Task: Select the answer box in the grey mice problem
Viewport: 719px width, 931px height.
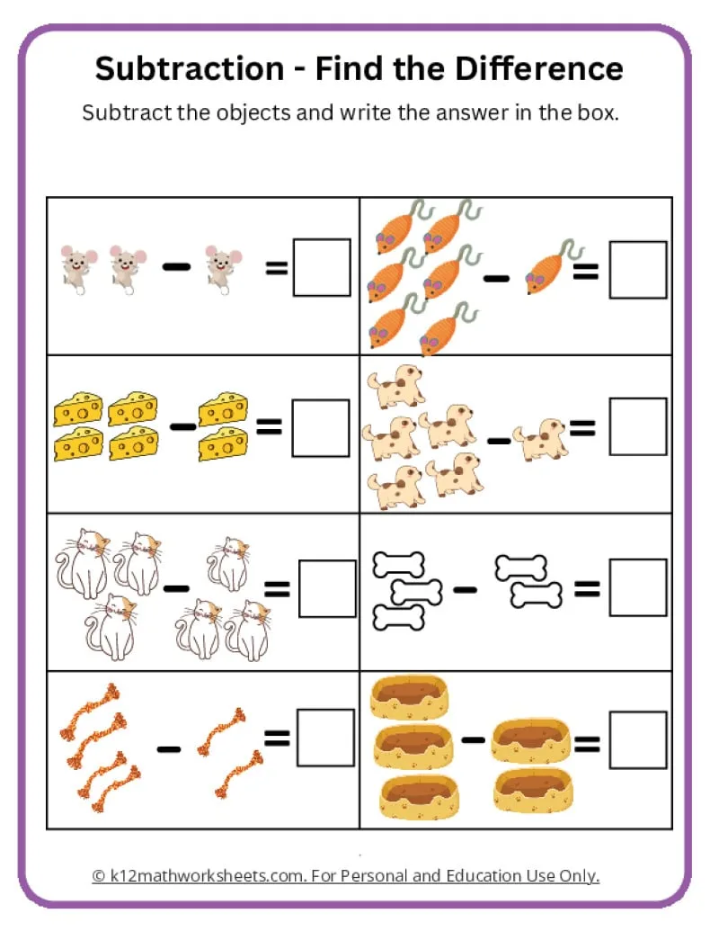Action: (x=321, y=267)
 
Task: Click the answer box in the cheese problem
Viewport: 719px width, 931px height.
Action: (x=320, y=427)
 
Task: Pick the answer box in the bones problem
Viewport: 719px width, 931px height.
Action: (x=638, y=587)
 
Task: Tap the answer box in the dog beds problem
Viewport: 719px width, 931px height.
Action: (x=638, y=740)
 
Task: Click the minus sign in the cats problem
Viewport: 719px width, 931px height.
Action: (x=177, y=588)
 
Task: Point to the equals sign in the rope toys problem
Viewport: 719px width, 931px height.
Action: (x=277, y=739)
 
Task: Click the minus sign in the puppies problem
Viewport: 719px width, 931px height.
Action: (x=497, y=440)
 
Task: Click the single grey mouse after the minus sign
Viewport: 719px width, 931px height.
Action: (x=218, y=267)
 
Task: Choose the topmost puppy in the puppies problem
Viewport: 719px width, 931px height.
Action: (x=395, y=386)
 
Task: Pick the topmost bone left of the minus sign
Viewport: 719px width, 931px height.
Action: (x=396, y=565)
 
